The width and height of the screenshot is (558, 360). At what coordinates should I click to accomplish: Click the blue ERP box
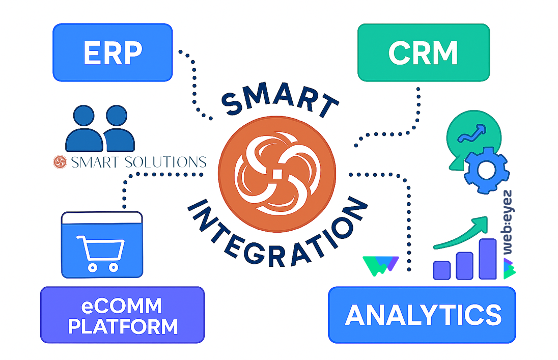tap(113, 52)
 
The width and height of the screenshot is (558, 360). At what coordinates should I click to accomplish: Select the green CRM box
tap(424, 52)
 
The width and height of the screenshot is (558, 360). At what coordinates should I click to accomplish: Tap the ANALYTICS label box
tap(422, 315)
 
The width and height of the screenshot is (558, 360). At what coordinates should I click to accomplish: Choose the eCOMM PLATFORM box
tap(122, 315)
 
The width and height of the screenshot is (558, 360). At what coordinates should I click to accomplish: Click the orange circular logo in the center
tap(277, 174)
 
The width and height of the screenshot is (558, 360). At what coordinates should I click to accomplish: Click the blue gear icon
tap(486, 170)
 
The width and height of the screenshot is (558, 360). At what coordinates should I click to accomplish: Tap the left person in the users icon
tap(84, 128)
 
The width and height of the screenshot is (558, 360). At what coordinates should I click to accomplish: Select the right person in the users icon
tap(118, 128)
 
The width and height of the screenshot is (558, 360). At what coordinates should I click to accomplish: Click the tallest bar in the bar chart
tap(488, 259)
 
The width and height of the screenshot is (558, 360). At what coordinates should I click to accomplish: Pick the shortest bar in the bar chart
tap(441, 270)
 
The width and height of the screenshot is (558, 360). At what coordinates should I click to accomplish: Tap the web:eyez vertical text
tap(508, 223)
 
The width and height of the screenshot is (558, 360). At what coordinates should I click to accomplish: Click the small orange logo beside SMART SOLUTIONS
tap(60, 162)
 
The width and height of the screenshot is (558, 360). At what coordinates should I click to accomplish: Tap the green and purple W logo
tap(380, 266)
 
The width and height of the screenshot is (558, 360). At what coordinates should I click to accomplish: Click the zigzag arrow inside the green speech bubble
tap(472, 133)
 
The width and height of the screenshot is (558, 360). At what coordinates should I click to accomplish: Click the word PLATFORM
tap(123, 327)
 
